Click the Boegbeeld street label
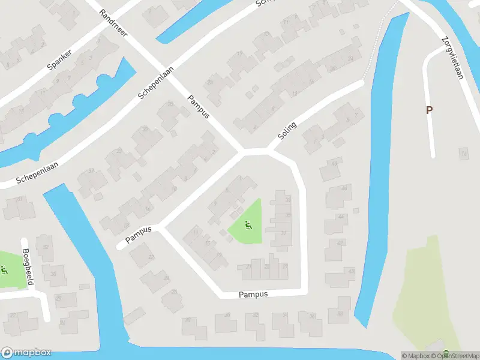coord(27,266)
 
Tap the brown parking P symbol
coord(429,110)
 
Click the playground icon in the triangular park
coord(248,226)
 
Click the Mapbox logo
coord(26,353)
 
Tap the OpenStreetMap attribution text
coord(451,356)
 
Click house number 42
coord(340,243)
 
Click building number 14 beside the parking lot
coord(463,155)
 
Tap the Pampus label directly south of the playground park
coord(253,295)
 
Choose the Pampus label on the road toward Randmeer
coord(197,106)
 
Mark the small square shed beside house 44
coord(356,210)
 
